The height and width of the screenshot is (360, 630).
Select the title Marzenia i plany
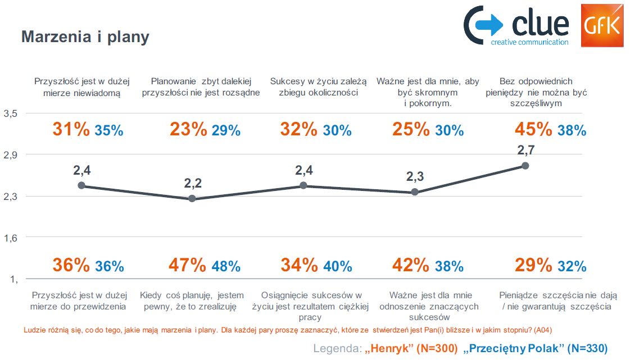click(85, 37)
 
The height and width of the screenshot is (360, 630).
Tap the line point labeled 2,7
click(525, 166)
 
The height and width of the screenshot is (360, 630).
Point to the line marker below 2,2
click(192, 199)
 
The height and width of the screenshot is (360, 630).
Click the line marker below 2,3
click(415, 192)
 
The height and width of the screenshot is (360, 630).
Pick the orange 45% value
click(533, 130)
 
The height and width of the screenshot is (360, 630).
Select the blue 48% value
click(226, 266)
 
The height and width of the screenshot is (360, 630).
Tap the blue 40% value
click(338, 266)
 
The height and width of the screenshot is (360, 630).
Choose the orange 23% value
click(188, 130)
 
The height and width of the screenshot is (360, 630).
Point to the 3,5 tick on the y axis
click(11, 113)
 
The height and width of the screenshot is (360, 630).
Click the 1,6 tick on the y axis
click(11, 238)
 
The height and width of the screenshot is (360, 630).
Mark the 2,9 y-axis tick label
click(11, 155)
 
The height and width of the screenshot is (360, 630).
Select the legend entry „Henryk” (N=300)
click(411, 349)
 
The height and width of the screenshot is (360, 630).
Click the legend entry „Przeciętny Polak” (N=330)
click(535, 349)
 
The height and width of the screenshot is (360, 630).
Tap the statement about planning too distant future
click(201, 87)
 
